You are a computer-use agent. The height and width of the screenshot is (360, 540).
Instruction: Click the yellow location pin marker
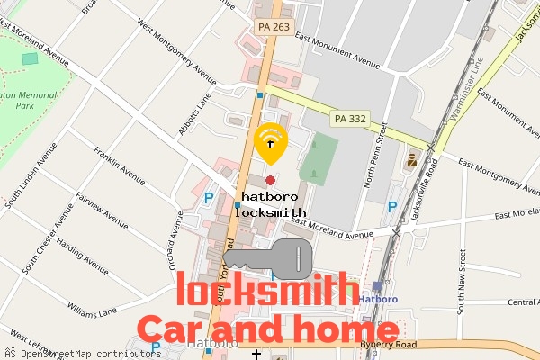(270, 144)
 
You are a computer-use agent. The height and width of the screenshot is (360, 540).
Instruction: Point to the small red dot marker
(270, 181)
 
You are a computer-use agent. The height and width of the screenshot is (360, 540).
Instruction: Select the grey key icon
(267, 259)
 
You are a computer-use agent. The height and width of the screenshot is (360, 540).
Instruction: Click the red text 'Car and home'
(265, 330)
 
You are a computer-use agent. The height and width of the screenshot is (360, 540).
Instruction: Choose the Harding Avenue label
(83, 246)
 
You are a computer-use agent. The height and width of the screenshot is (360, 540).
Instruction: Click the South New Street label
(460, 288)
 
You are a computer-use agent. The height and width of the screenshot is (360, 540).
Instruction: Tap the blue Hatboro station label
(378, 299)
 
